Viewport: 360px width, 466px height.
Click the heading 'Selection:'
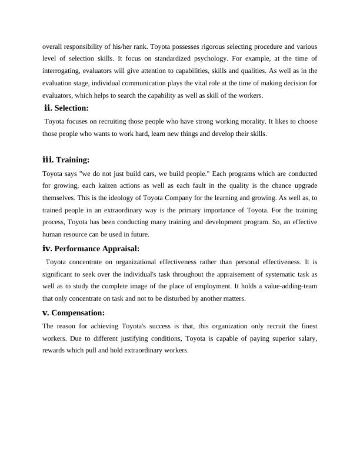[x=72, y=108]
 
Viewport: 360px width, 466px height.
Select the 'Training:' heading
[x=72, y=159]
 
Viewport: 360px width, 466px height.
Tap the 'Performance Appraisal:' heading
[x=96, y=248]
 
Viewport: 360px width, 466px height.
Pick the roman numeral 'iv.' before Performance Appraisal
[x=47, y=248]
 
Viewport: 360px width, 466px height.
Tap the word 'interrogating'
[x=62, y=71]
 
